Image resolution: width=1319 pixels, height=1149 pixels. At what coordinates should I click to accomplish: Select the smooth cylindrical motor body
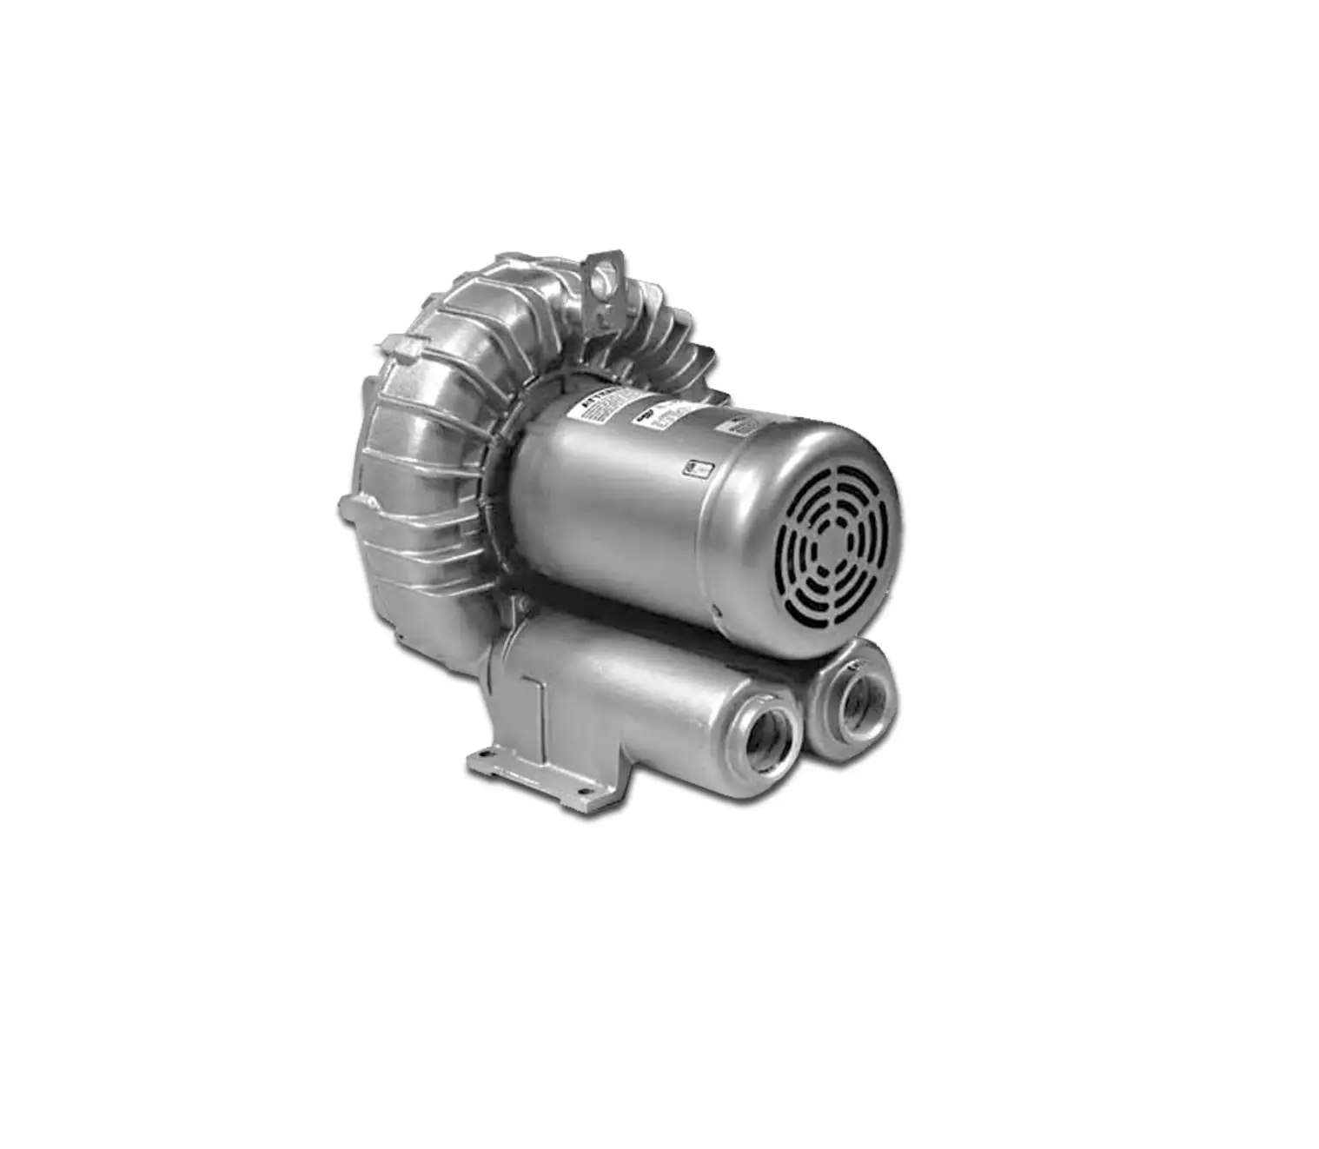point(626,513)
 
